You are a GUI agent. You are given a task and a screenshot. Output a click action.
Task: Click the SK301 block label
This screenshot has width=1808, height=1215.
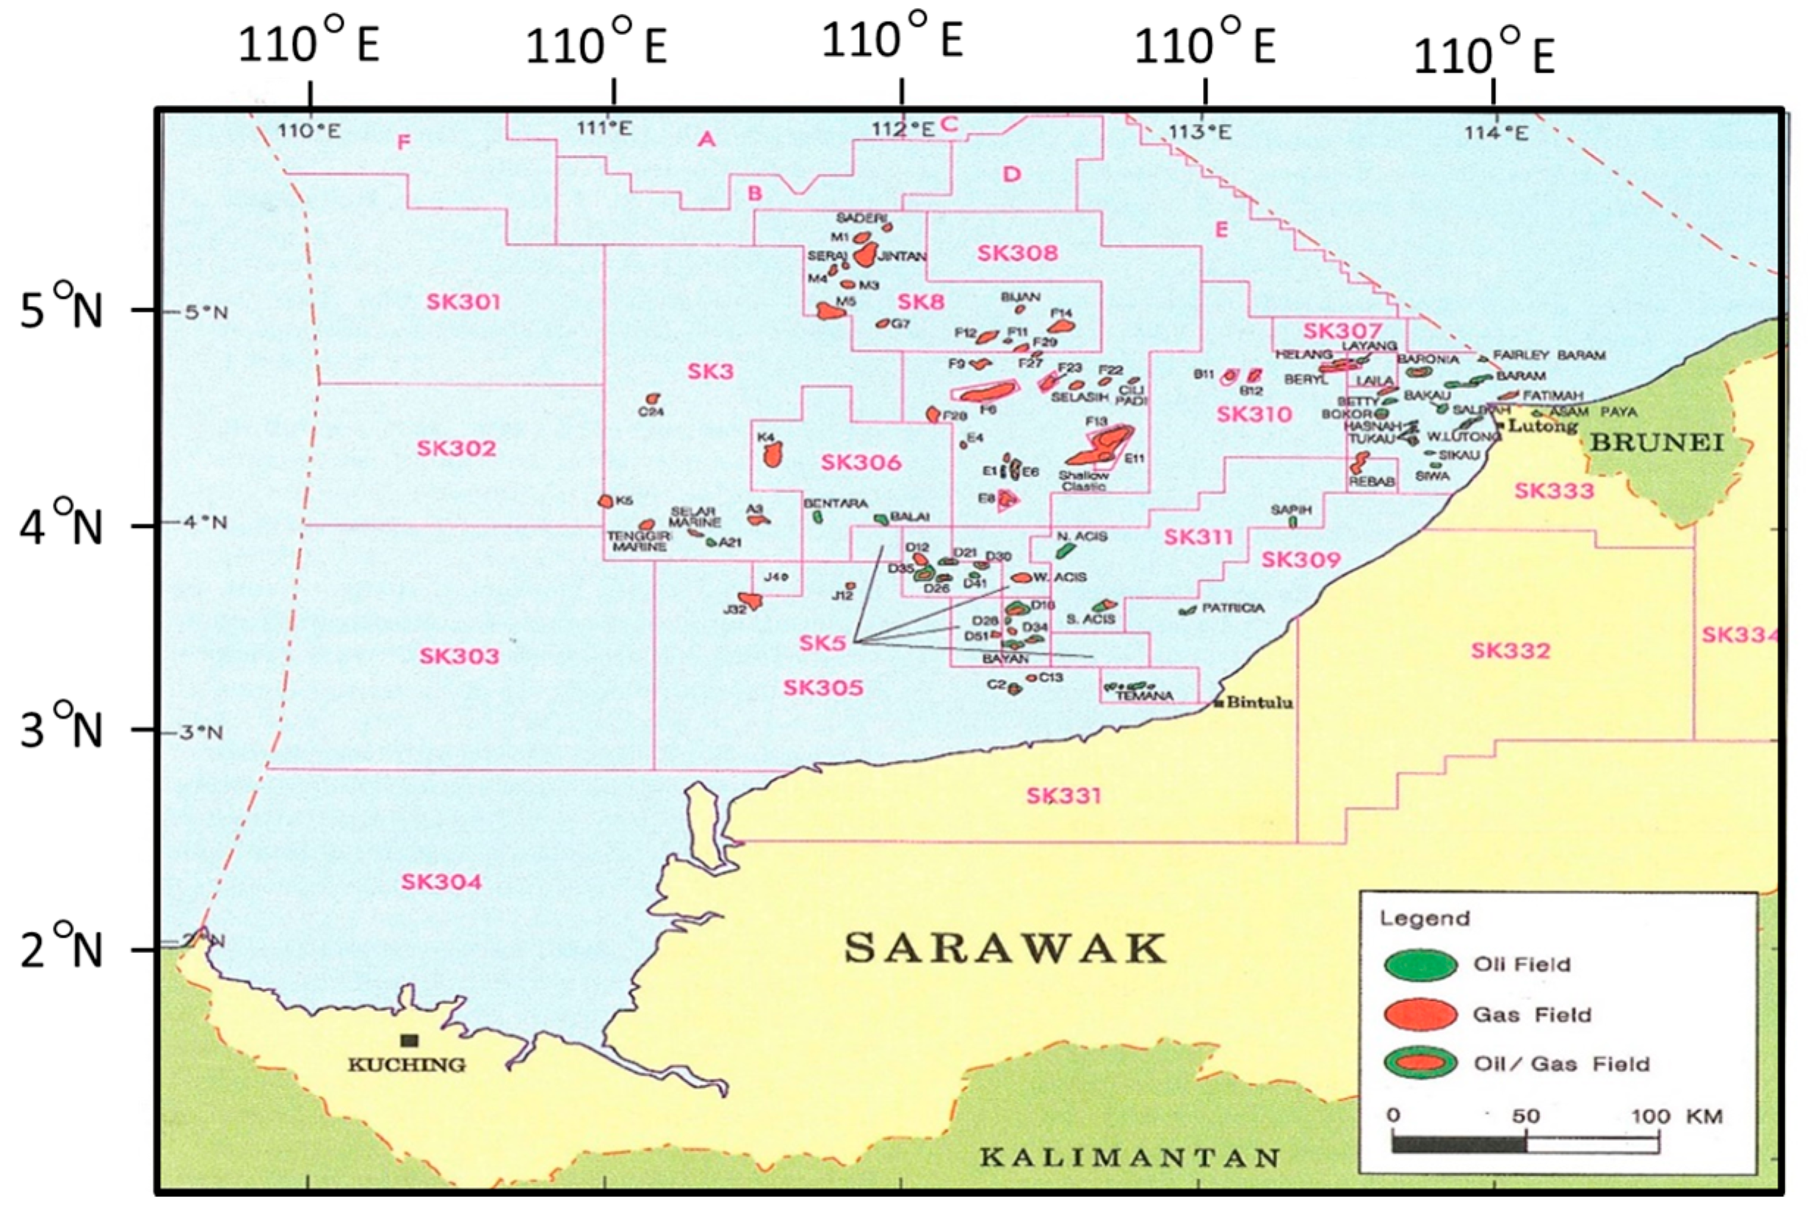click(x=463, y=302)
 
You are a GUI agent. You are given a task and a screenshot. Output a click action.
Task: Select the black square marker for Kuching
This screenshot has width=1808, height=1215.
click(x=409, y=1041)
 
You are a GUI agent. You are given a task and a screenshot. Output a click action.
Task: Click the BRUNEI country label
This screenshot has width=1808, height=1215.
click(x=1657, y=443)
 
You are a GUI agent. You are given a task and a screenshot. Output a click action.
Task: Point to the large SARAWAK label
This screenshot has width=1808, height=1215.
click(x=1005, y=949)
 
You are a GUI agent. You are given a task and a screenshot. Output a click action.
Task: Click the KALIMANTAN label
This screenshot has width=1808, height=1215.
click(x=1130, y=1158)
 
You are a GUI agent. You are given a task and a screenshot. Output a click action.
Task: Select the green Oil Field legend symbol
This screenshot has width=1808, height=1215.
click(x=1419, y=965)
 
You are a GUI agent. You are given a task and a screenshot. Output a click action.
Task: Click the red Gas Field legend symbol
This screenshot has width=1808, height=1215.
click(x=1419, y=1015)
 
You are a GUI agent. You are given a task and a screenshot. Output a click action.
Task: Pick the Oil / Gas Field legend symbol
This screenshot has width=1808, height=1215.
click(x=1419, y=1063)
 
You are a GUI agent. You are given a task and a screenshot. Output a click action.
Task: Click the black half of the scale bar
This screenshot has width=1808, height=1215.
click(x=1458, y=1144)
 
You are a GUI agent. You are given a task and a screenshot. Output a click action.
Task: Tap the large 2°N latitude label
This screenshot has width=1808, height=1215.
click(x=60, y=950)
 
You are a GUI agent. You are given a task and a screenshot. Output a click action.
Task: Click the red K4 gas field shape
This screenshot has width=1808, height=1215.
click(x=773, y=455)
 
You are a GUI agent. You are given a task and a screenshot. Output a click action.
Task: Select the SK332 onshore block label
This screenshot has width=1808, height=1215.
click(x=1511, y=651)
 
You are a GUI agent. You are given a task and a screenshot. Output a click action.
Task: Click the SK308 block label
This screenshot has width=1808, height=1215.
click(x=1017, y=253)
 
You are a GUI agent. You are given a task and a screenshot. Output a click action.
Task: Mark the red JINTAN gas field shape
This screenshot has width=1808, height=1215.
click(x=866, y=253)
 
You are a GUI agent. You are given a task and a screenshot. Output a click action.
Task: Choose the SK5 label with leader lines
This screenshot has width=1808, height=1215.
click(x=822, y=643)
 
